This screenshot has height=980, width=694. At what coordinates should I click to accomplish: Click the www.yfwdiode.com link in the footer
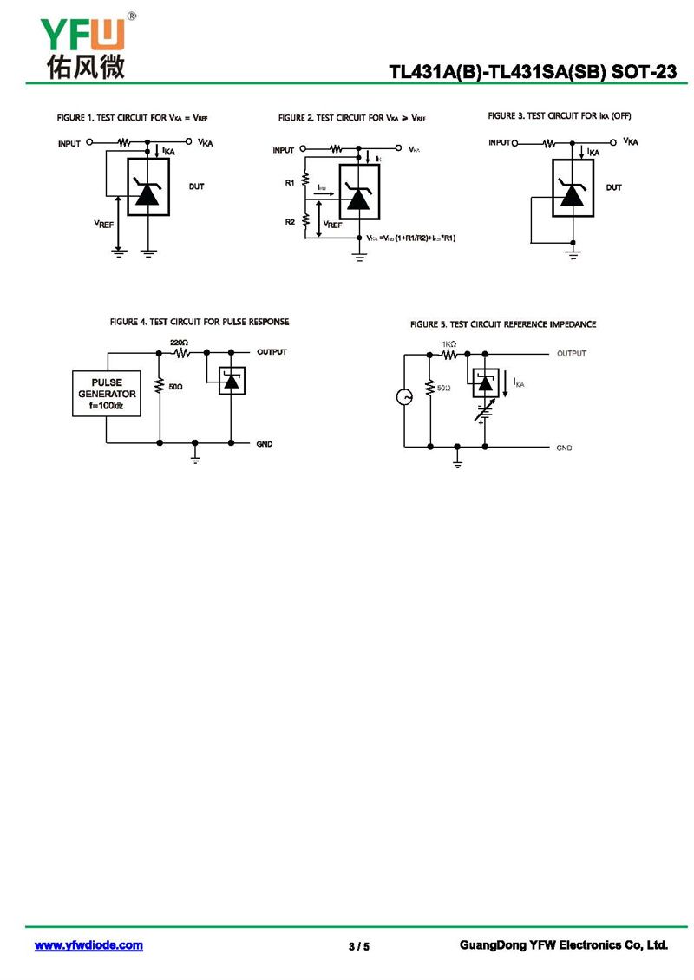(x=88, y=945)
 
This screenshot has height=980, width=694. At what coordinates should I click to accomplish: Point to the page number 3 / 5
(x=359, y=946)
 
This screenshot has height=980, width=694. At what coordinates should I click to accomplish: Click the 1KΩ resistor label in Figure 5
(x=448, y=343)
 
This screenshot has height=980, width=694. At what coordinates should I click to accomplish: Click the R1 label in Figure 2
(x=290, y=183)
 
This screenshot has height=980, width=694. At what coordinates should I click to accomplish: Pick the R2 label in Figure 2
(x=290, y=222)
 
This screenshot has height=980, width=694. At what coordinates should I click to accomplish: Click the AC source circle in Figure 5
(x=404, y=397)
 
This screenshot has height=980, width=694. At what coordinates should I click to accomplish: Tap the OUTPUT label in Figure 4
(x=272, y=352)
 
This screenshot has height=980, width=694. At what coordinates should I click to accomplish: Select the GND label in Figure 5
(x=565, y=448)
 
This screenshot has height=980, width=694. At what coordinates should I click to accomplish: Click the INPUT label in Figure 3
(x=500, y=142)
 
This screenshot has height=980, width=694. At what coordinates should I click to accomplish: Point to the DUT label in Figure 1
(x=197, y=186)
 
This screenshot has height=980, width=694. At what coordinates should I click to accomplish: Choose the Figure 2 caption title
(x=352, y=118)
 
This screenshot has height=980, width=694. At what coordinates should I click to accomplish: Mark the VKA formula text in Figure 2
(x=411, y=238)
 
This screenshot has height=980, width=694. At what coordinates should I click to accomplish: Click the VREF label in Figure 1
(x=104, y=224)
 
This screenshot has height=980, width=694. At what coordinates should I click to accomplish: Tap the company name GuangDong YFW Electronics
(x=563, y=945)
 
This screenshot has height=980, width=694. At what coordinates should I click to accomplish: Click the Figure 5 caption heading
(x=503, y=324)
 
